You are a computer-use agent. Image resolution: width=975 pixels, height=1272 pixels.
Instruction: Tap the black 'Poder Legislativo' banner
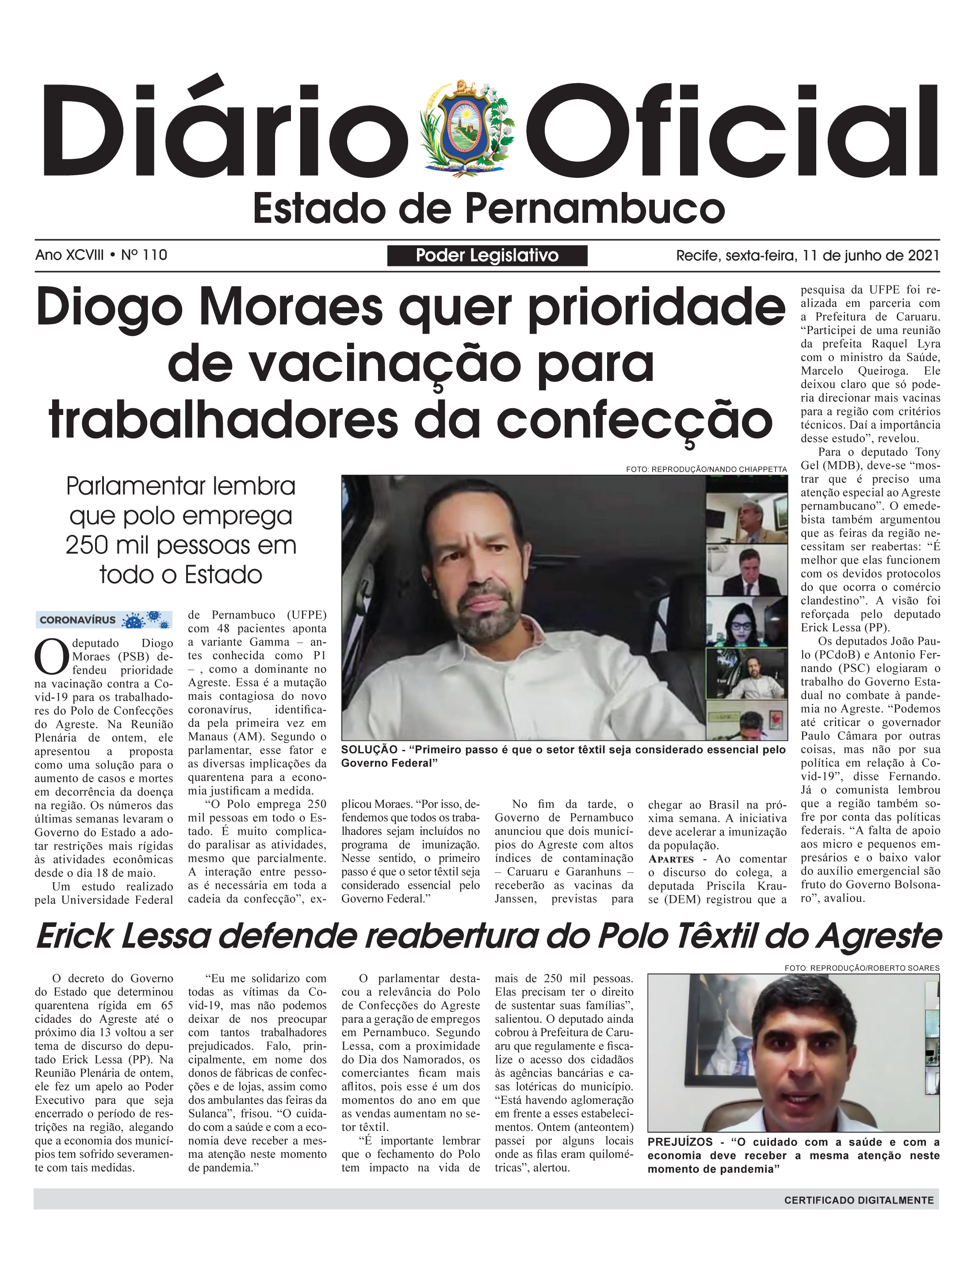click(x=487, y=255)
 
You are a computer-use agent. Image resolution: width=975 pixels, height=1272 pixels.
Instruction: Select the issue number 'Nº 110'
click(x=144, y=255)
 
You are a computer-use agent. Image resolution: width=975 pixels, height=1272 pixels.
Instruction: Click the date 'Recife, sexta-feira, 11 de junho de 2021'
click(x=807, y=255)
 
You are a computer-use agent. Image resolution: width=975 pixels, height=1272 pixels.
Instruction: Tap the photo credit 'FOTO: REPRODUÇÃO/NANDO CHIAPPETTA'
click(x=706, y=469)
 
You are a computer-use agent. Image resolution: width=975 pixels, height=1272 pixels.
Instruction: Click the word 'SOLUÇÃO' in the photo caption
click(x=369, y=749)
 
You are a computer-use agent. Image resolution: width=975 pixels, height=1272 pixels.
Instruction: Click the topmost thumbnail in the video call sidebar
click(x=746, y=517)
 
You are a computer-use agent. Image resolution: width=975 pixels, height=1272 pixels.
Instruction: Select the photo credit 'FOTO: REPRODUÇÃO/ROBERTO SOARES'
click(x=862, y=968)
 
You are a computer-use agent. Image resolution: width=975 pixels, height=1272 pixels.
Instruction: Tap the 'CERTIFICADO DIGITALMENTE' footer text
click(x=859, y=1200)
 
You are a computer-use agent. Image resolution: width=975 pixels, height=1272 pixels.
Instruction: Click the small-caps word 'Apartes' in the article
click(x=671, y=859)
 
